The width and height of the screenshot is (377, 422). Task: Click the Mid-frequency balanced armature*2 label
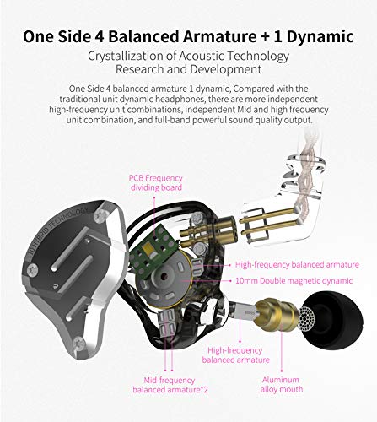172,385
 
